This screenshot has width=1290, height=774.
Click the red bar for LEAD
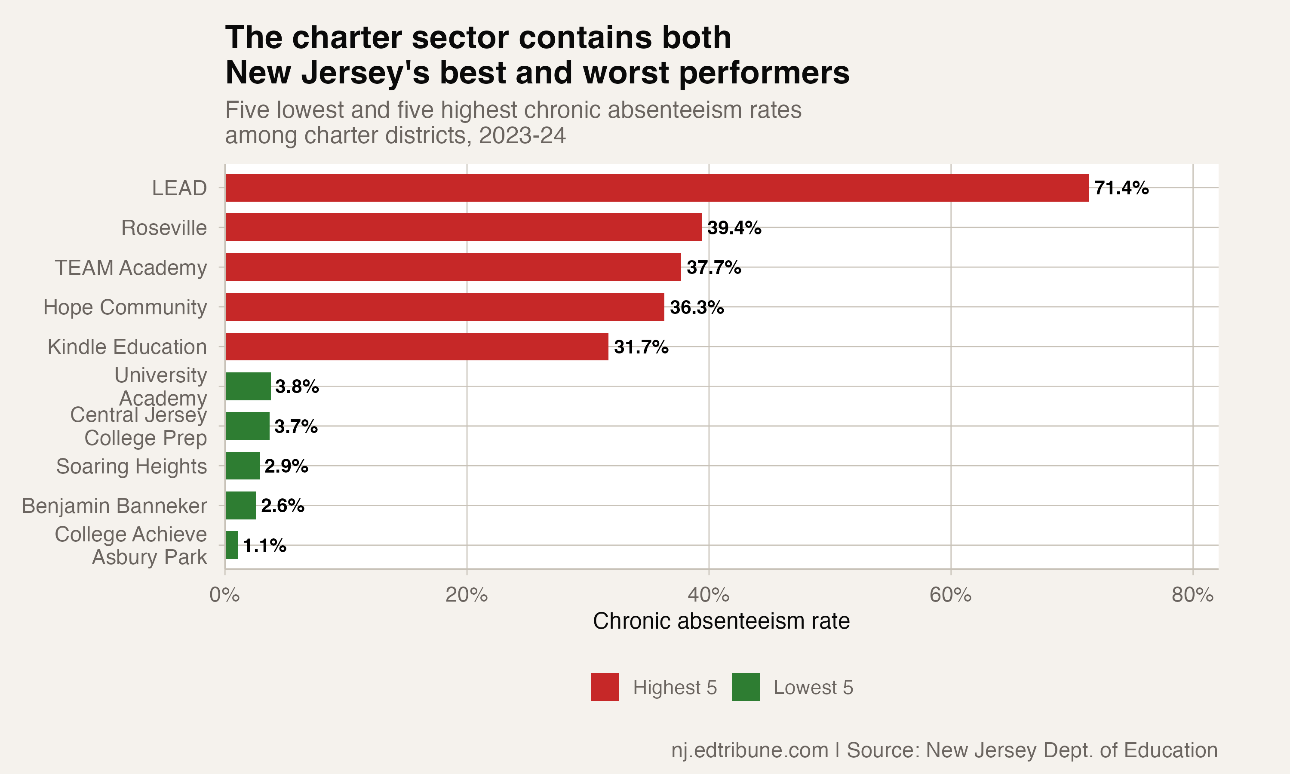(x=657, y=188)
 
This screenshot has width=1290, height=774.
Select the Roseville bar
(x=463, y=227)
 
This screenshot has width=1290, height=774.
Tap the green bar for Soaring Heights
(x=243, y=466)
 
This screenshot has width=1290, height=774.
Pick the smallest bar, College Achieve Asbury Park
(x=231, y=545)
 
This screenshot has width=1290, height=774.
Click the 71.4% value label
(x=1121, y=188)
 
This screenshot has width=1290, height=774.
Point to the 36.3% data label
(x=697, y=307)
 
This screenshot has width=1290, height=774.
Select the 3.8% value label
(x=297, y=387)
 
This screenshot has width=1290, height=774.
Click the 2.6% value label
(x=282, y=505)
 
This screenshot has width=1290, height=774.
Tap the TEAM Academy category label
(x=131, y=267)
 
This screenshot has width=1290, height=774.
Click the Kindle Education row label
(x=127, y=347)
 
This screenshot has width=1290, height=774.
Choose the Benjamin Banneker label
(x=114, y=506)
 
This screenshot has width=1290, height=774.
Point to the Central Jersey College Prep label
(x=139, y=426)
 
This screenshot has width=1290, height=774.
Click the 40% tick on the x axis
(x=708, y=595)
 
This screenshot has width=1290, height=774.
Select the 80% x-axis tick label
(x=1192, y=595)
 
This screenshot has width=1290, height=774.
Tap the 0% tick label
(x=225, y=595)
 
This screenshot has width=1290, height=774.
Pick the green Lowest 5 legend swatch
(x=745, y=687)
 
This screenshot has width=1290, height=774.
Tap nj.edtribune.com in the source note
(x=749, y=750)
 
